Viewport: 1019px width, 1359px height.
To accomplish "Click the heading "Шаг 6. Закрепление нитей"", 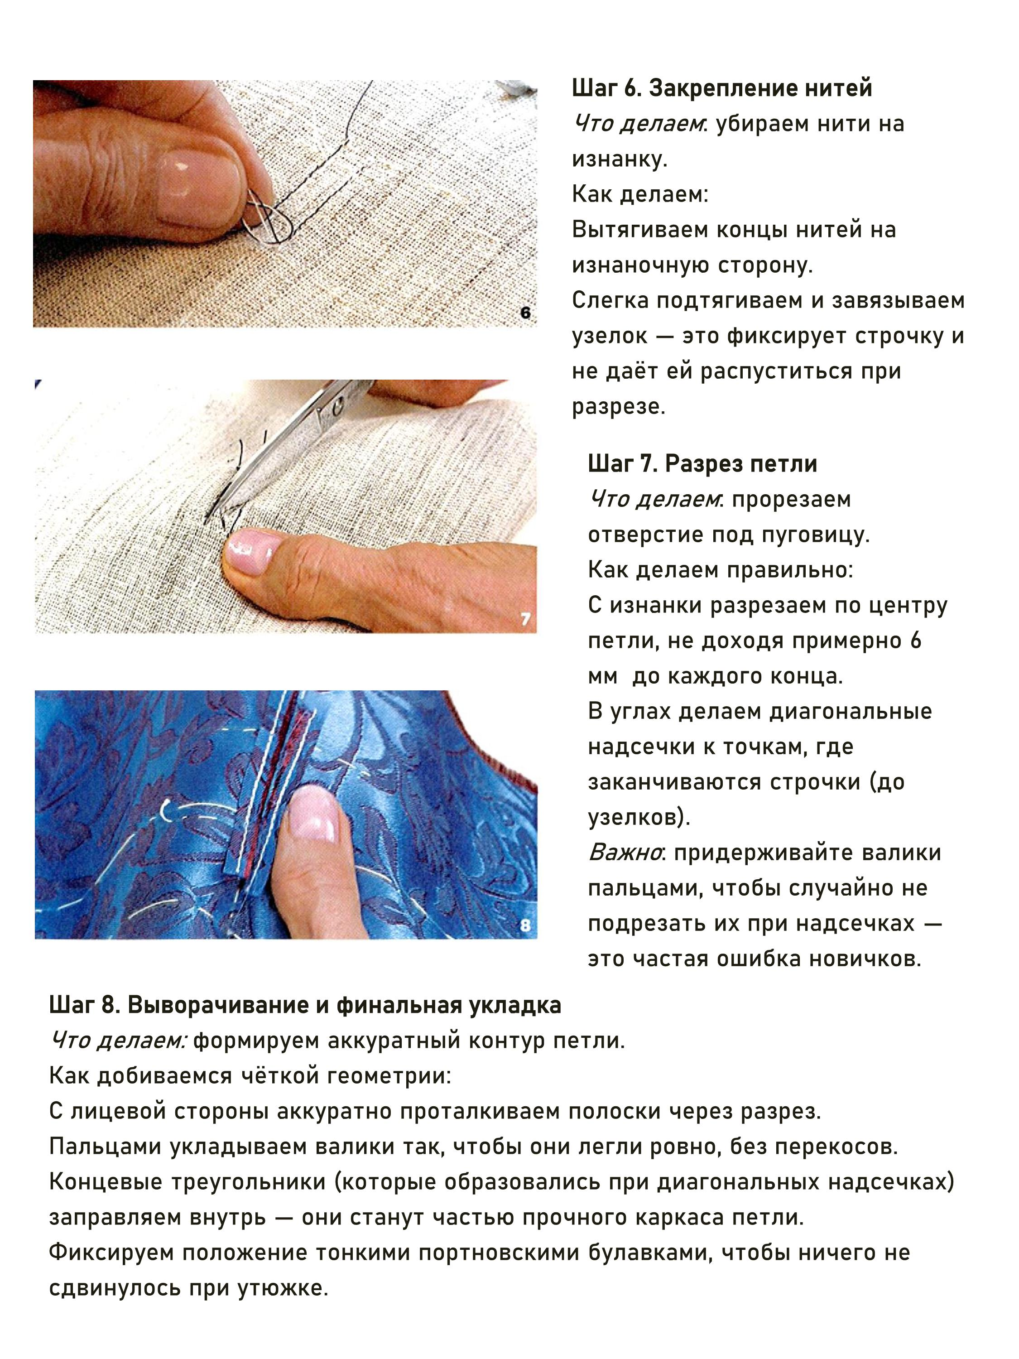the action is tap(722, 88).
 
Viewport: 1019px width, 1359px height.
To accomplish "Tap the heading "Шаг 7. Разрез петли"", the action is tap(703, 464).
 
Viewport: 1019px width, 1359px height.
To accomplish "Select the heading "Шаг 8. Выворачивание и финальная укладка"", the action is tap(305, 1005).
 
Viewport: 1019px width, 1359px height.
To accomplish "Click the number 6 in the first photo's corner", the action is tap(525, 313).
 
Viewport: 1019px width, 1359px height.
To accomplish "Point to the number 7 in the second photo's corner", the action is tap(525, 619).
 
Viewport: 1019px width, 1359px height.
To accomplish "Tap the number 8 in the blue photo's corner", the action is tap(525, 925).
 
